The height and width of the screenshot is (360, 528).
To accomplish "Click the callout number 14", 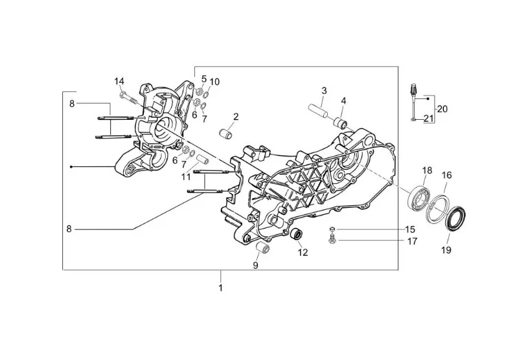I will coord(119,81).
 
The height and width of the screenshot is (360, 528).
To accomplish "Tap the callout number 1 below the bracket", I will coord(220,287).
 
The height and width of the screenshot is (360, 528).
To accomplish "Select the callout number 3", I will coord(324,90).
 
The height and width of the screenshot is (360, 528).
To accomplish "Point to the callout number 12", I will coord(303,253).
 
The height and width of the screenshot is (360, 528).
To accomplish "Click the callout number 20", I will coord(443,109).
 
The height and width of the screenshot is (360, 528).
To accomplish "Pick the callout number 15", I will coord(410,230).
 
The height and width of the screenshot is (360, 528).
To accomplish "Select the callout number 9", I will coord(255,265).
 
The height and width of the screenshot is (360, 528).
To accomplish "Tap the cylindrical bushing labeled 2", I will coord(226,135).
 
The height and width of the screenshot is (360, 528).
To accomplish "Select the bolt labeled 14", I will coord(128,98).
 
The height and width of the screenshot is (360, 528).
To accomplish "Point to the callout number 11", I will coord(186,177).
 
